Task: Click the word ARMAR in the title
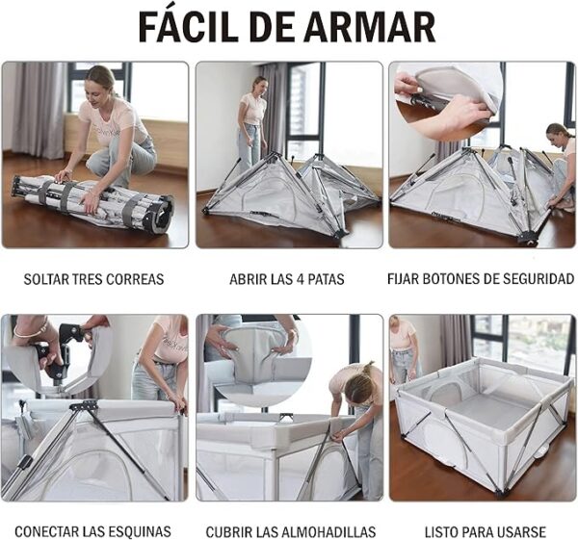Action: pyautogui.click(x=379, y=26)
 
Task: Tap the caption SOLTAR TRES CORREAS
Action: pyautogui.click(x=93, y=280)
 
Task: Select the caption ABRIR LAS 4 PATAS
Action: pyautogui.click(x=287, y=280)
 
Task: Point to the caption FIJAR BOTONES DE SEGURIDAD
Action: pyautogui.click(x=480, y=280)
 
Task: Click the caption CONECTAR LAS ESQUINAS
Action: pyautogui.click(x=92, y=531)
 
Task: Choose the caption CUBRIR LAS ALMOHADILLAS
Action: pyautogui.click(x=287, y=531)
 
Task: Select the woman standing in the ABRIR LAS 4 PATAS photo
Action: pyautogui.click(x=252, y=120)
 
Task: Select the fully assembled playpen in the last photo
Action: pyautogui.click(x=482, y=424)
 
